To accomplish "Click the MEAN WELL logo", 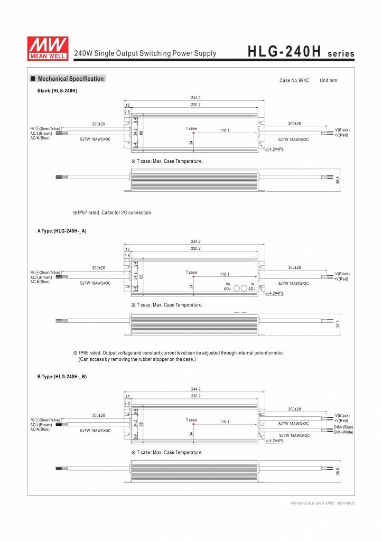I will point(48,46).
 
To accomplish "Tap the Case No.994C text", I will point(294,80).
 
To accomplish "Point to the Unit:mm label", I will point(328,80).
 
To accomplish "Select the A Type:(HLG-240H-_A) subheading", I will point(61,231).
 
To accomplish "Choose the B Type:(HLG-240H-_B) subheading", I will point(62,376).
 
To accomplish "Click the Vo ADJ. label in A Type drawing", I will point(227,286).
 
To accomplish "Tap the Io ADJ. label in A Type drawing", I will point(252,286).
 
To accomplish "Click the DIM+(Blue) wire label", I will point(343,427).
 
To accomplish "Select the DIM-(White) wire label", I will point(343,432).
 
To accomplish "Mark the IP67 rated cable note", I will point(113,212).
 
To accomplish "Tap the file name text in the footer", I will point(322,503).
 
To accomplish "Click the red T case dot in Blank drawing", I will point(194,133).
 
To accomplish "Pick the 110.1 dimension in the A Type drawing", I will point(224,274).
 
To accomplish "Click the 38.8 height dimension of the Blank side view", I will point(338,180).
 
